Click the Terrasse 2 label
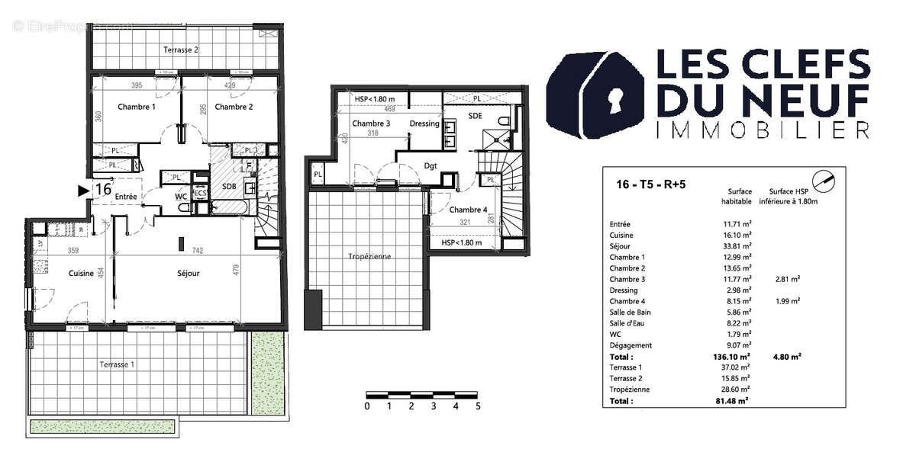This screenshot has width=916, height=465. click(x=181, y=50)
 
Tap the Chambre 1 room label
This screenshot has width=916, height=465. click(x=137, y=107)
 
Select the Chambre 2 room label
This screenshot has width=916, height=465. click(x=234, y=107)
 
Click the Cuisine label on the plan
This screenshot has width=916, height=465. click(x=81, y=273)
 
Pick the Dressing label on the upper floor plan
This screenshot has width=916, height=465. click(x=424, y=123)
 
